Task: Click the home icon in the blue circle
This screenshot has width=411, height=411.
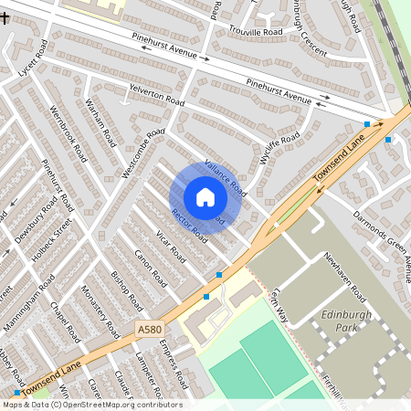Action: pyautogui.click(x=205, y=197)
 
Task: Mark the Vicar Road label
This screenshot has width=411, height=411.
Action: pyautogui.click(x=170, y=246)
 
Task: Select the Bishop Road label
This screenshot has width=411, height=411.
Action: pyautogui.click(x=127, y=289)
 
